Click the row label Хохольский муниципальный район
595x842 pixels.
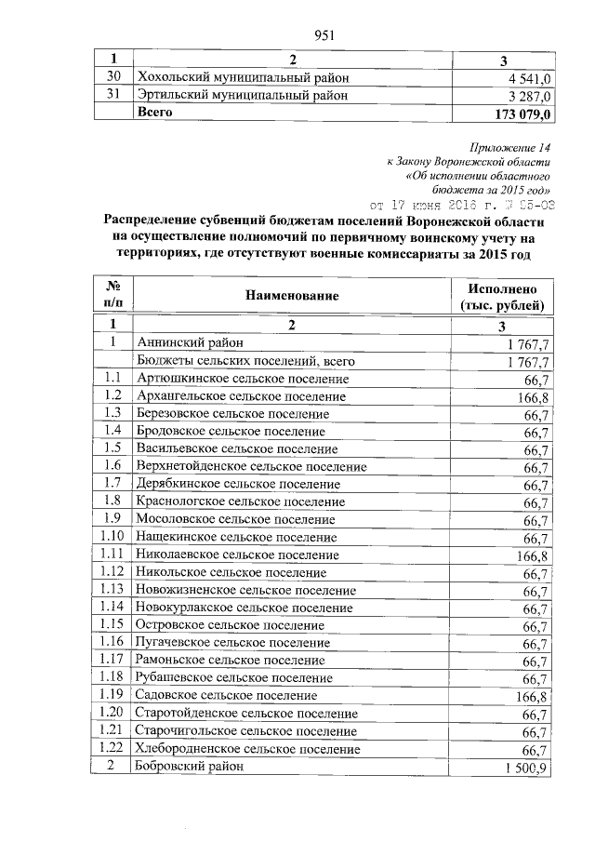pyautogui.click(x=244, y=77)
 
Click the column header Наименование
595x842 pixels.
pyautogui.click(x=292, y=296)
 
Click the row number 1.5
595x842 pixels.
pyautogui.click(x=112, y=448)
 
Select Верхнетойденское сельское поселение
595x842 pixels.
pyautogui.click(x=251, y=466)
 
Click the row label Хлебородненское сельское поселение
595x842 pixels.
pyautogui.click(x=248, y=749)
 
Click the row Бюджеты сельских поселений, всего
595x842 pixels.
pyautogui.click(x=246, y=361)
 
